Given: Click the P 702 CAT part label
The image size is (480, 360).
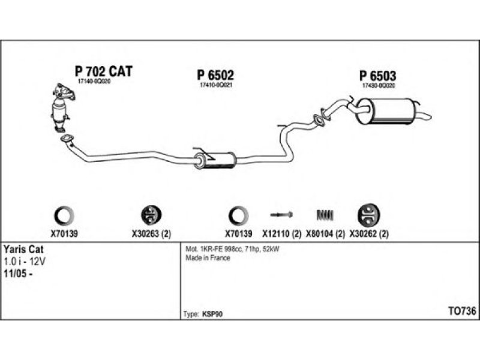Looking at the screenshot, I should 103,71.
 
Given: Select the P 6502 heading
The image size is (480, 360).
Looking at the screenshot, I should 215,75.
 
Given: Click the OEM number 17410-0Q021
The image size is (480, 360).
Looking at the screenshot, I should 215,85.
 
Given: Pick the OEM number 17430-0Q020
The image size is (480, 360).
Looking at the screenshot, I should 378,86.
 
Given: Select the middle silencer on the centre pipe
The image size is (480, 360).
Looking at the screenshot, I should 214,160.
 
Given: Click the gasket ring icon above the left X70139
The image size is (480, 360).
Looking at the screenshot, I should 65,214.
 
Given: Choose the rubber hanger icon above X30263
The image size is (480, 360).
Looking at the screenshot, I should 149,214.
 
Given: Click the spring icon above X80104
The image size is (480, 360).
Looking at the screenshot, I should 325,214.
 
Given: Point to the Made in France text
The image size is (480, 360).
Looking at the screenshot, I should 208,258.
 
